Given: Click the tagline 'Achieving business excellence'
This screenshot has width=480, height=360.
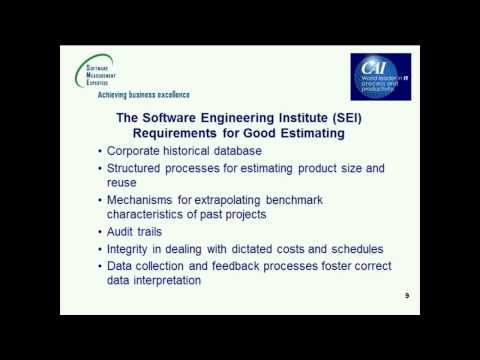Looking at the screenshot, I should click(x=141, y=97).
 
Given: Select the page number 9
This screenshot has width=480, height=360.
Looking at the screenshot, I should click(x=407, y=296).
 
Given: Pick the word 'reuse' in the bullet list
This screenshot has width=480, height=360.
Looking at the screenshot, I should click(x=124, y=183).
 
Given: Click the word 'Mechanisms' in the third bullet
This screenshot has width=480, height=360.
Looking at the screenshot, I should click(x=147, y=199).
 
